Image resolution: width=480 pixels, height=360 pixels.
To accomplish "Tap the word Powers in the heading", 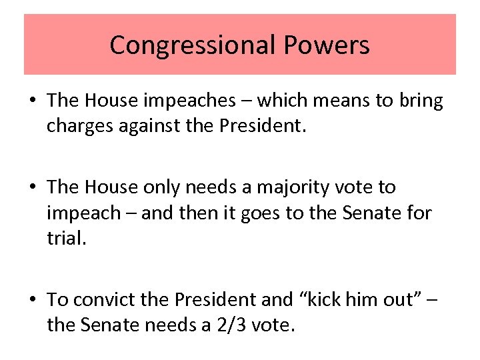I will click(x=327, y=45).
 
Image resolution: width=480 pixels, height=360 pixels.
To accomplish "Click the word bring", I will click(x=419, y=101).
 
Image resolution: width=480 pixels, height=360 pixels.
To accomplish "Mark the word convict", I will click(x=103, y=300).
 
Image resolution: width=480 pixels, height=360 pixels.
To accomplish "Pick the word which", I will click(x=282, y=101).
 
